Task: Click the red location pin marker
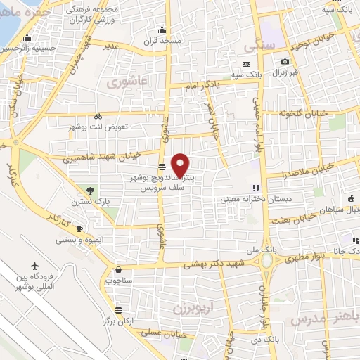point(181,165)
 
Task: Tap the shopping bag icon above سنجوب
point(117,269)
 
